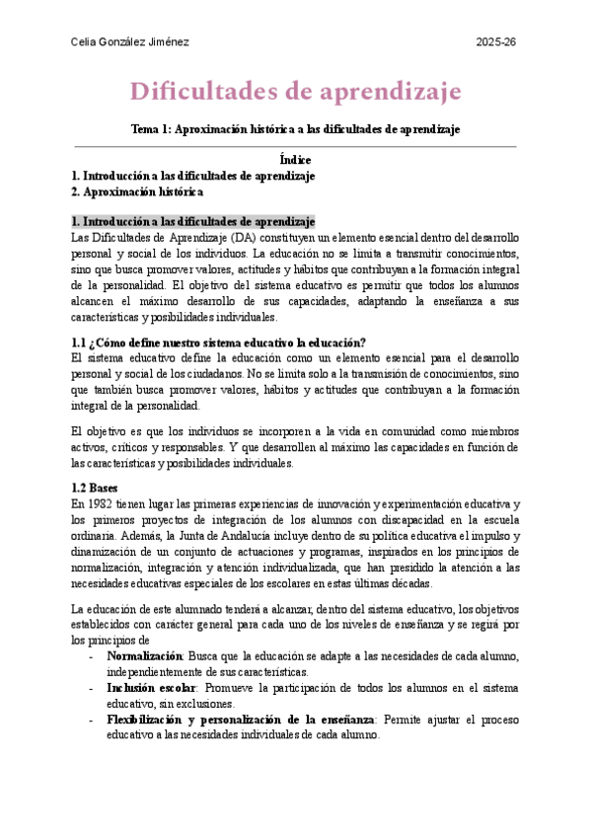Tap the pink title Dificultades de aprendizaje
(x=296, y=92)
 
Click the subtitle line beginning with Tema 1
(x=296, y=128)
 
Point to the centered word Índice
(x=295, y=160)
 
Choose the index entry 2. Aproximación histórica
(x=137, y=191)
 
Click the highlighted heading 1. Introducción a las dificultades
(x=193, y=222)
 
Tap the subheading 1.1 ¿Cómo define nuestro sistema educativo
(x=219, y=342)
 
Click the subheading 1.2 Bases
(x=95, y=488)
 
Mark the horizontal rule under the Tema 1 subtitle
(x=296, y=146)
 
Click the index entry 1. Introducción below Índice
(x=193, y=176)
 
